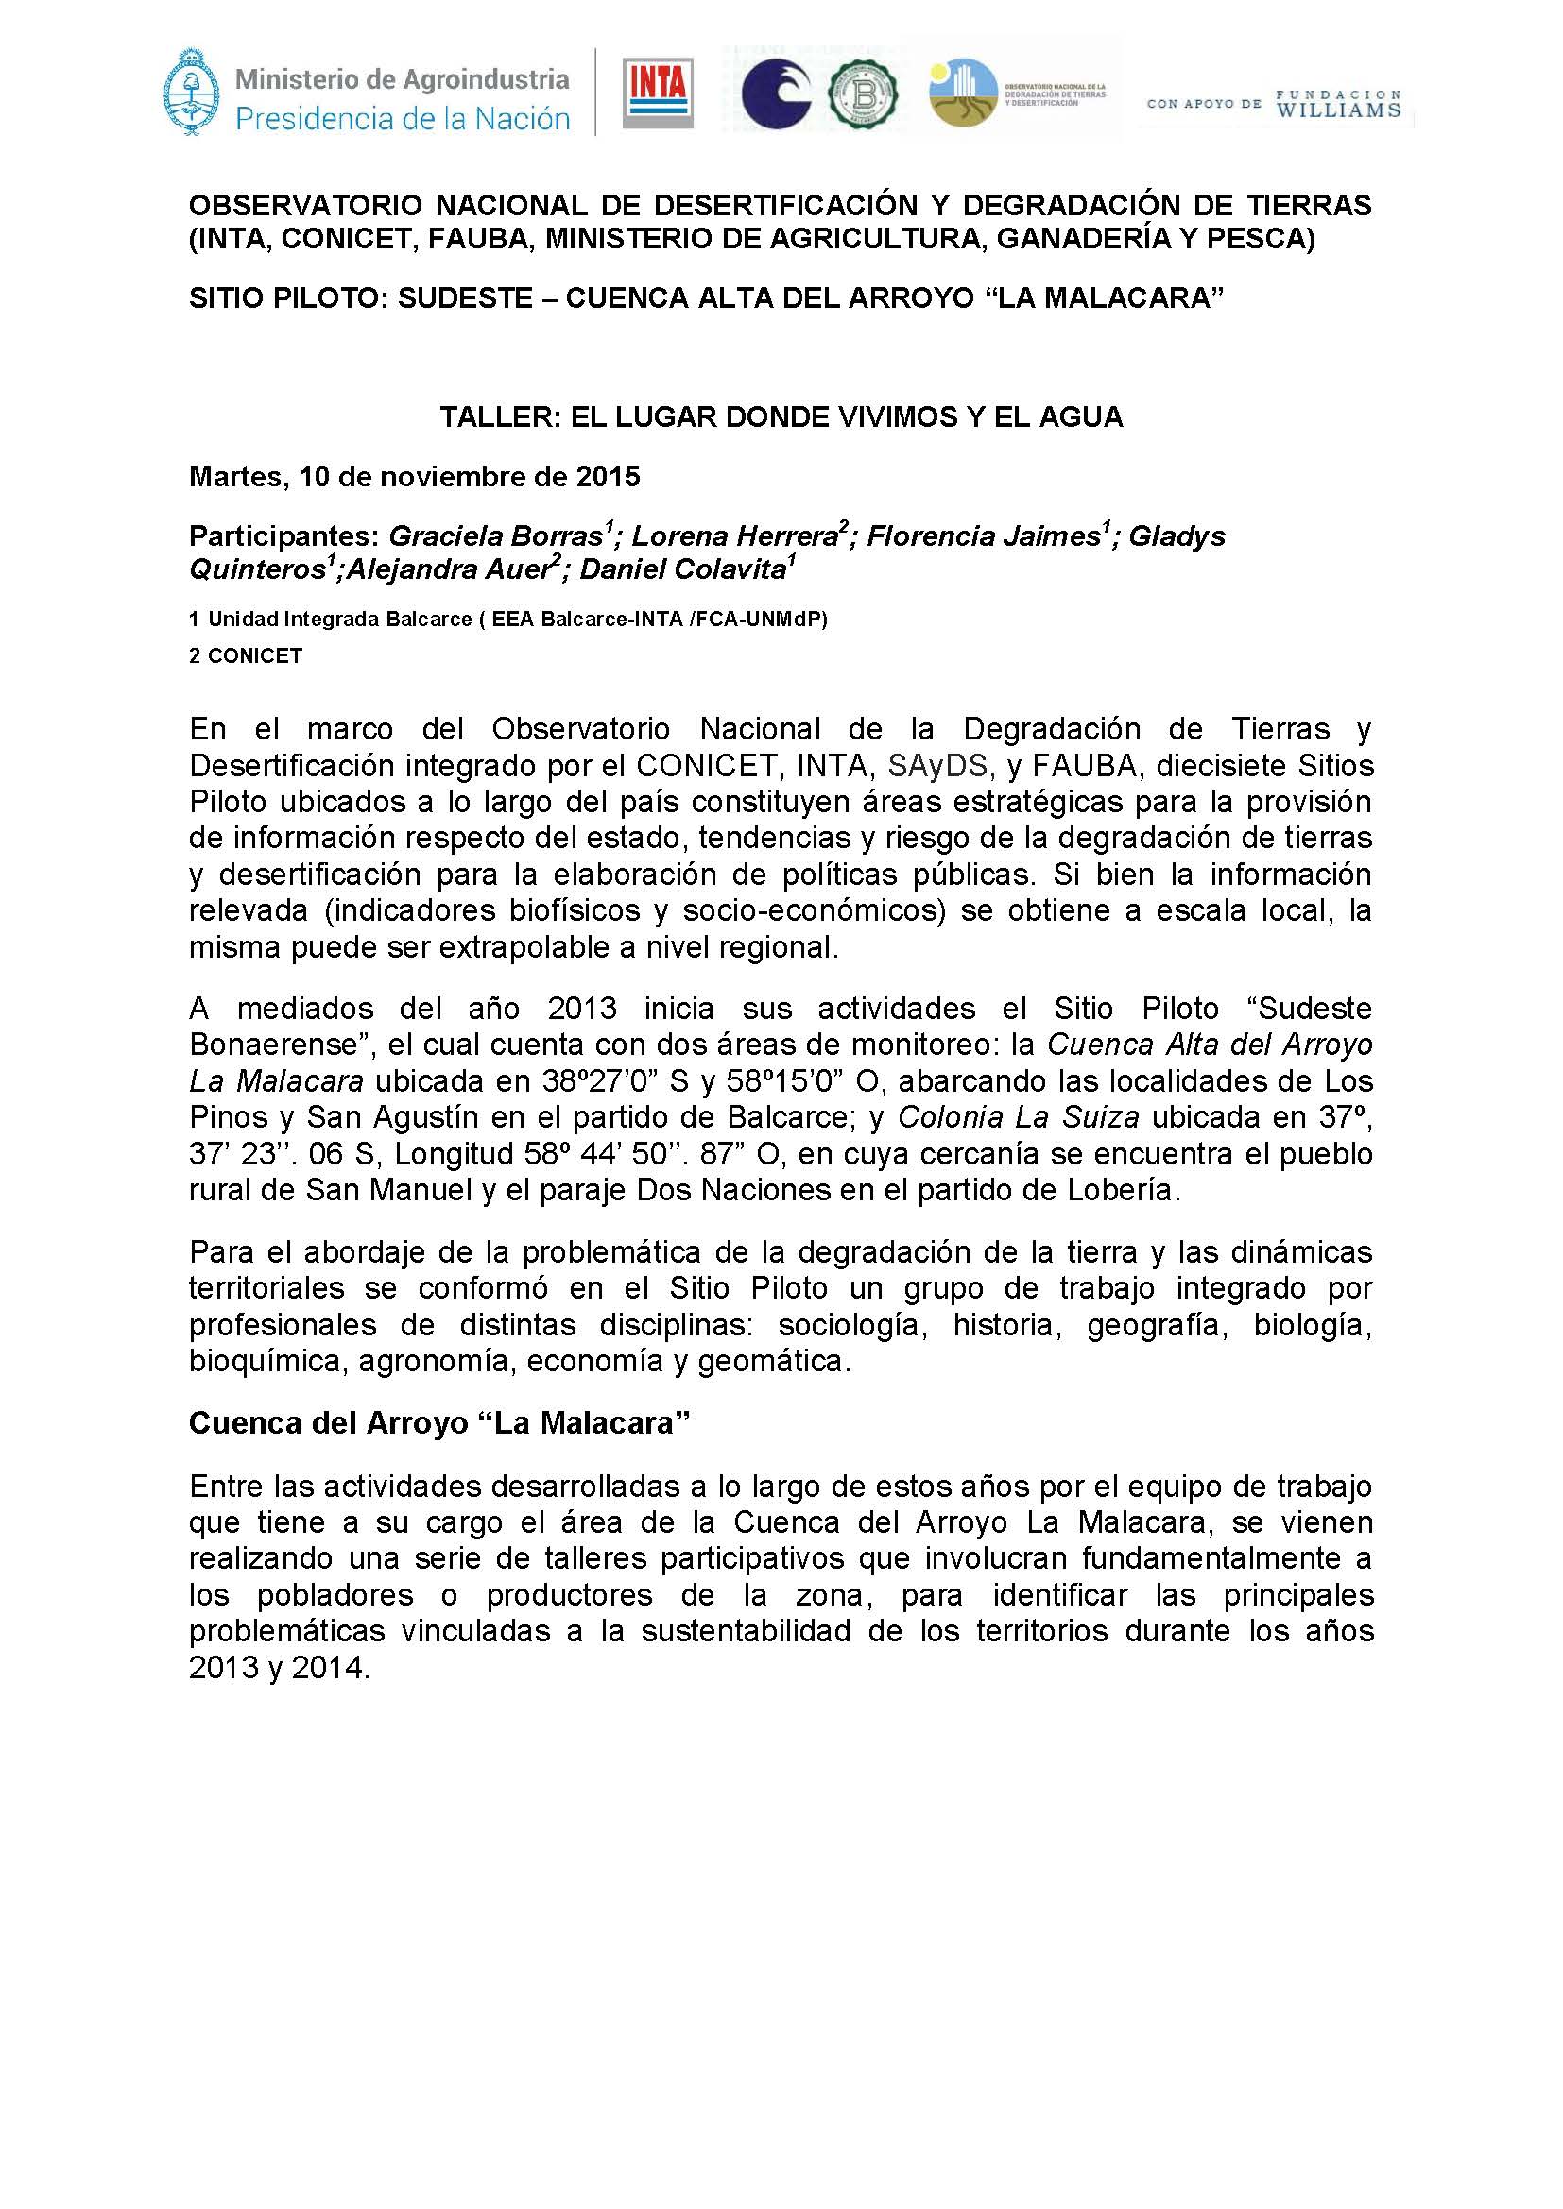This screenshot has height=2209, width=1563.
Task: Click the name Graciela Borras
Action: [494, 535]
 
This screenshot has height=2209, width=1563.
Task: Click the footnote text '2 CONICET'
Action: [246, 655]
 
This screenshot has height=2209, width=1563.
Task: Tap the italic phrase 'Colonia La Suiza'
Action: [1019, 1117]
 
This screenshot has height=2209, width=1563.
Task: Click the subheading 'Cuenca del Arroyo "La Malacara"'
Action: [440, 1423]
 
